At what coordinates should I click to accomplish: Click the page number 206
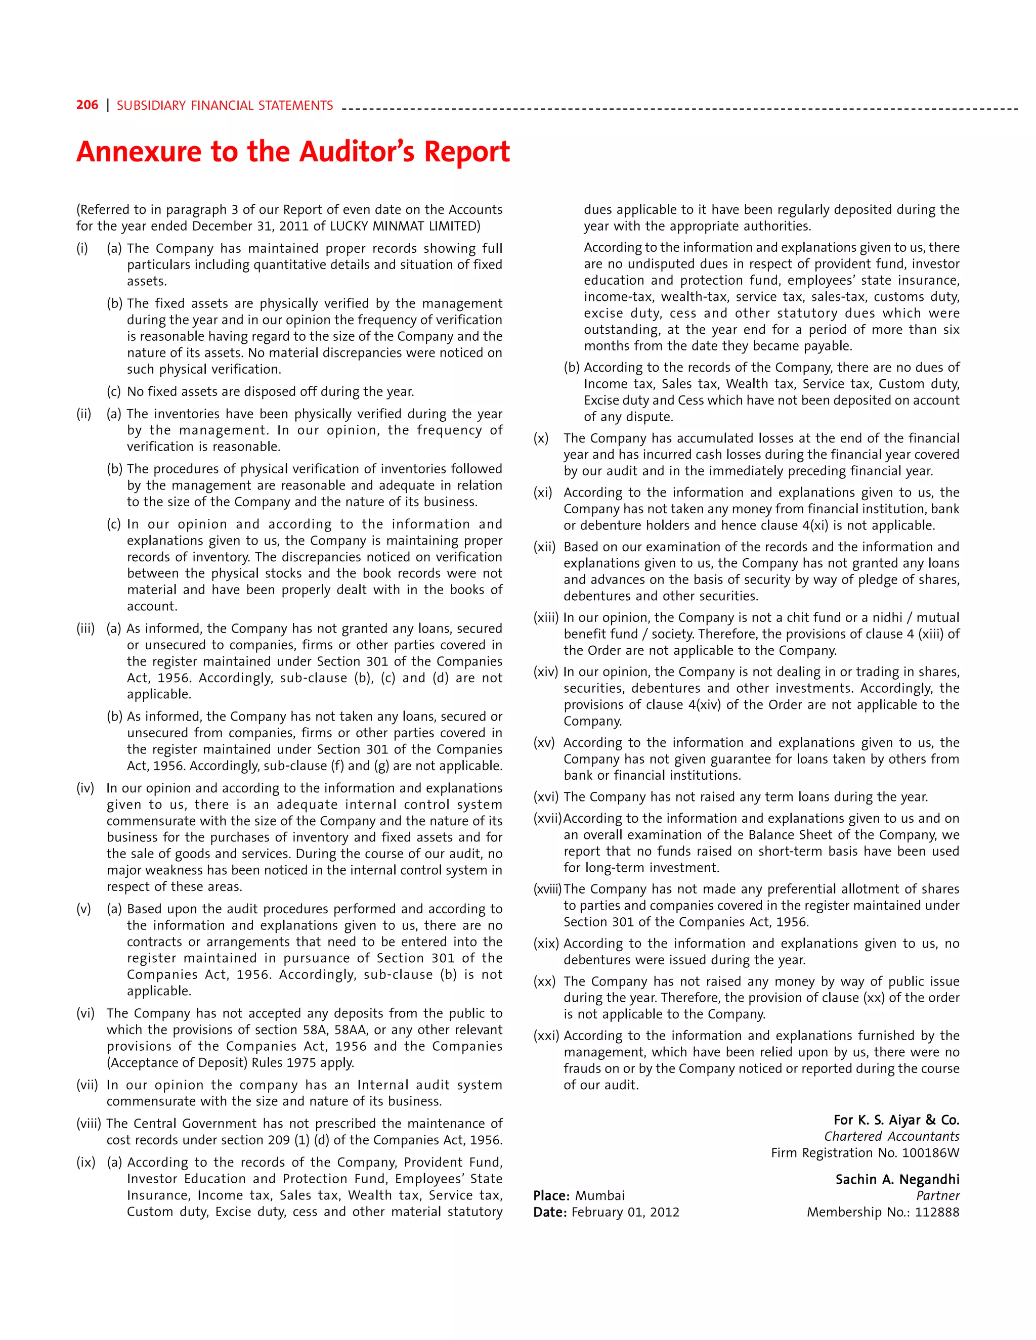click(x=87, y=105)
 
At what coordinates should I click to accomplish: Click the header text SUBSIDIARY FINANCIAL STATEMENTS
click(x=225, y=106)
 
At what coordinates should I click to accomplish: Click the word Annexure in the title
click(x=138, y=152)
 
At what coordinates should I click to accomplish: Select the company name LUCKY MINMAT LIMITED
click(x=405, y=226)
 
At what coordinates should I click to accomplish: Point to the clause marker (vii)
click(x=87, y=1085)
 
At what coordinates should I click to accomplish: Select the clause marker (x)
click(x=541, y=438)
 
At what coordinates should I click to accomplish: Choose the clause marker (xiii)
click(x=546, y=617)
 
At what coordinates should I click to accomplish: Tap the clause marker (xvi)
click(x=546, y=797)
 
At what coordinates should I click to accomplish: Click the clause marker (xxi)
click(x=546, y=1036)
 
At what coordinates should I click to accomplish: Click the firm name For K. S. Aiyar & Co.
click(x=896, y=1120)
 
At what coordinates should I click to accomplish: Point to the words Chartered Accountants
click(x=891, y=1136)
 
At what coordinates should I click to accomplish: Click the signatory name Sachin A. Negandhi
click(x=897, y=1179)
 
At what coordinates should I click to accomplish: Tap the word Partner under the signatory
click(x=937, y=1196)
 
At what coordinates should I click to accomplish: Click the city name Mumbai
click(x=599, y=1196)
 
